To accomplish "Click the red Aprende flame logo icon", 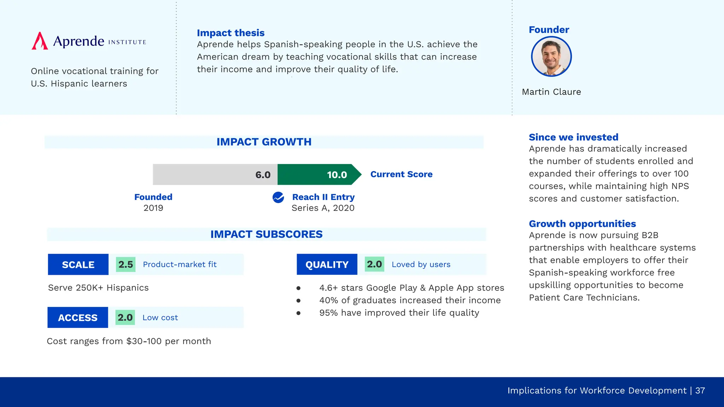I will (40, 41).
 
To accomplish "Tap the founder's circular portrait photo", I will (551, 57).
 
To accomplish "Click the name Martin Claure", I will (551, 92).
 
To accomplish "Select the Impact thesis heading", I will (230, 33).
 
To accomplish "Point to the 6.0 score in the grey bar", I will (263, 175).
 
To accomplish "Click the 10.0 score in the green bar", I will (337, 175).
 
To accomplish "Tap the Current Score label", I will (401, 174).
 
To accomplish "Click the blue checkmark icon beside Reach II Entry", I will (278, 197).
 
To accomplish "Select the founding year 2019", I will (153, 208).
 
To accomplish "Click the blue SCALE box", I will (78, 264).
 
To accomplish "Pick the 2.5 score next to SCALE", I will (125, 264).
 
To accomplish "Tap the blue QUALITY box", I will (327, 264).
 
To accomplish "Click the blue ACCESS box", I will (78, 317).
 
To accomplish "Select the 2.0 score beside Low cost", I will (125, 317).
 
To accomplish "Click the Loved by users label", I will (421, 264).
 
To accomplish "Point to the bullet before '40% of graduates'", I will (298, 301).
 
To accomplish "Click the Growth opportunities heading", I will (582, 224).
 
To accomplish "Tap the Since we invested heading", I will (573, 137).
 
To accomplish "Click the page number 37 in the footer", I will (700, 390).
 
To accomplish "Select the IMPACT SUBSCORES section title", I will (266, 234).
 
